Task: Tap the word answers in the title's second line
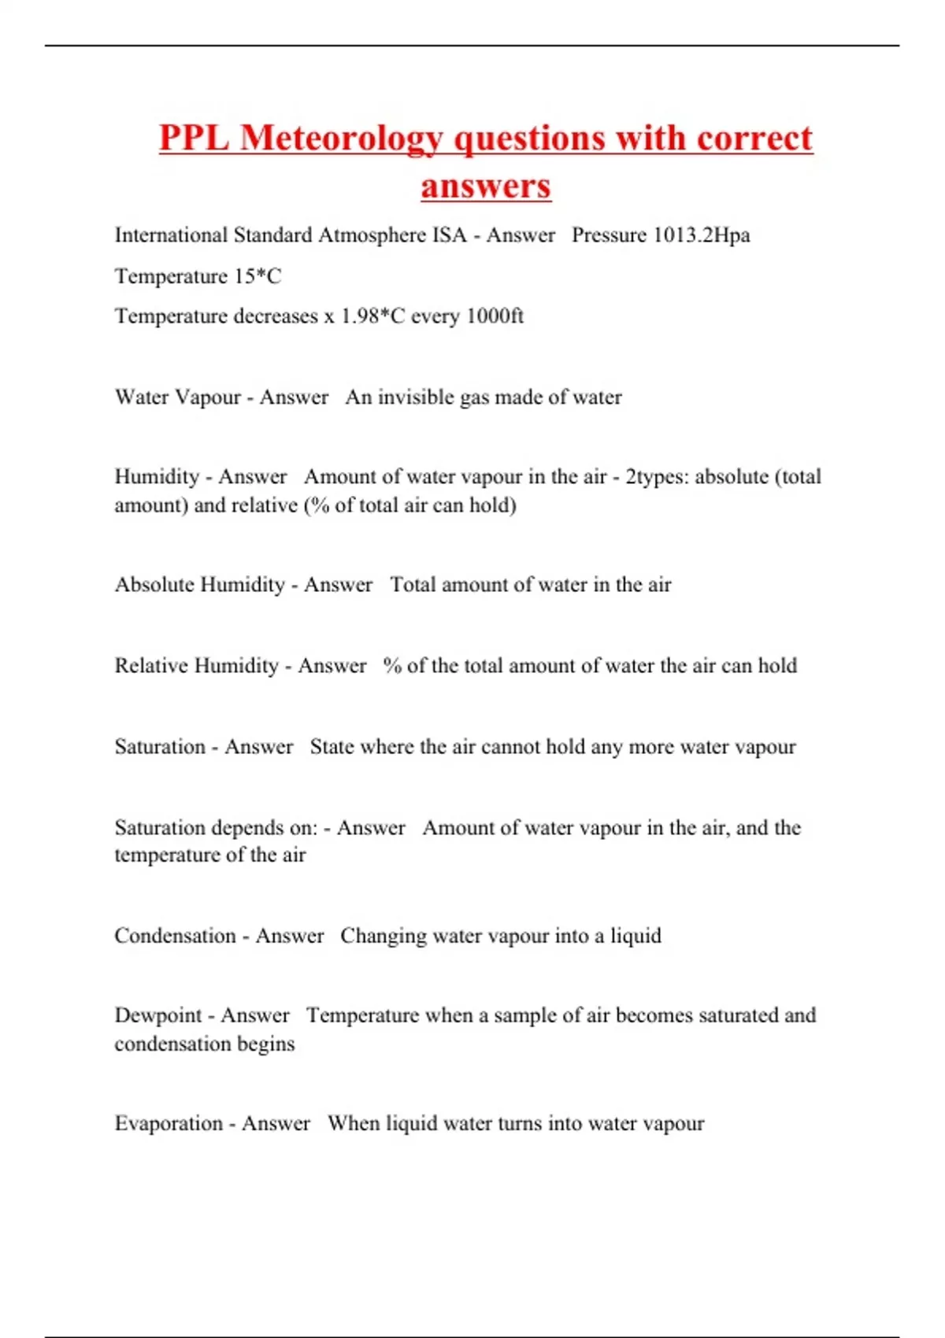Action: (x=486, y=187)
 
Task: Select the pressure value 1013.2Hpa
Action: (x=702, y=235)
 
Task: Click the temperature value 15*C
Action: (x=258, y=276)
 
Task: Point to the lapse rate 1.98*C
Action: (x=372, y=316)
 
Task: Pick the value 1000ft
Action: (x=495, y=316)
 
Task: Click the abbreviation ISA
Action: (x=449, y=235)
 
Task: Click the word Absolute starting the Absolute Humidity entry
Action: (x=155, y=585)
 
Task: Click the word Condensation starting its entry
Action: (x=175, y=936)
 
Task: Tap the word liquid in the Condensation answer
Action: (x=636, y=936)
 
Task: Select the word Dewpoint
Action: (x=158, y=1015)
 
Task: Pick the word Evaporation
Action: (x=169, y=1123)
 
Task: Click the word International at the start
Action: (x=171, y=235)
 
